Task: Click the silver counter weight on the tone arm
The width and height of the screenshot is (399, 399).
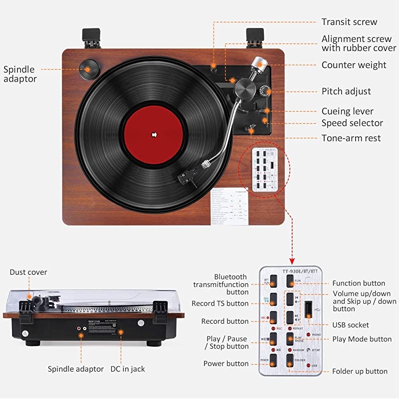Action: [x=258, y=64]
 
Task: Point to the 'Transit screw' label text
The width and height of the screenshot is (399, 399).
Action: [x=349, y=22]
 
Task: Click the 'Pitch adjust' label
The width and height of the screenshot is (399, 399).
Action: [x=346, y=91]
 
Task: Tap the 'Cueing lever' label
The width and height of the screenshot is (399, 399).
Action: [x=347, y=111]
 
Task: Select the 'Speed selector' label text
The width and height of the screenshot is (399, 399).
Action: [x=352, y=123]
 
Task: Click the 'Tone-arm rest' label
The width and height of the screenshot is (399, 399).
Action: [x=351, y=138]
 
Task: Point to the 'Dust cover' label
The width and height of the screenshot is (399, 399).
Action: [x=28, y=272]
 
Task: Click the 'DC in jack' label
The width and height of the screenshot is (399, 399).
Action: [x=128, y=369]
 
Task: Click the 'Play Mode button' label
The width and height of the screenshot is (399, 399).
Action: [x=362, y=339]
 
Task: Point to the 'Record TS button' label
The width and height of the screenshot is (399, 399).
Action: [x=220, y=303]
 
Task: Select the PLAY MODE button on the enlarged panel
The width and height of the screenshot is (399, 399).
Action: [x=291, y=339]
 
